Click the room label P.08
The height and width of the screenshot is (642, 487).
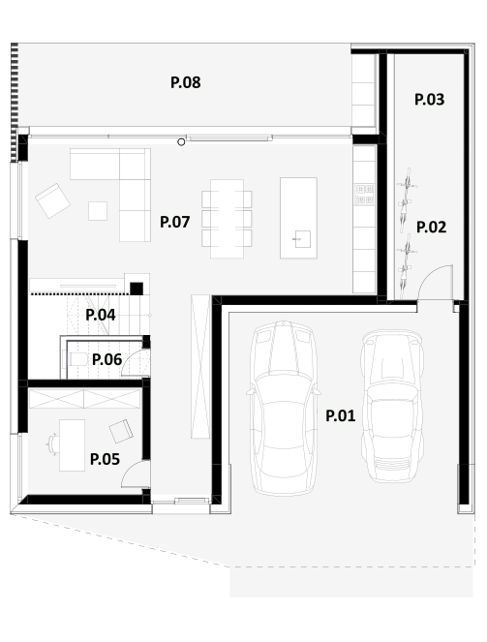pyautogui.click(x=185, y=82)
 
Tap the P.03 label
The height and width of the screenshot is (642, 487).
pyautogui.click(x=429, y=100)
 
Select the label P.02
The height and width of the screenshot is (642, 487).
pyautogui.click(x=431, y=228)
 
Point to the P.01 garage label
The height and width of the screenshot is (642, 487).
pyautogui.click(x=340, y=416)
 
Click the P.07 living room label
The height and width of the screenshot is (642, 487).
pyautogui.click(x=174, y=222)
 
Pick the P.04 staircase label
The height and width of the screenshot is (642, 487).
pyautogui.click(x=101, y=315)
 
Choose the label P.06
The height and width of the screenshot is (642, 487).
pyautogui.click(x=107, y=359)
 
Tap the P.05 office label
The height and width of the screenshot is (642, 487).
pyautogui.click(x=105, y=459)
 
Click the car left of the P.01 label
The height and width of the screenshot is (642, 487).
pyautogui.click(x=284, y=409)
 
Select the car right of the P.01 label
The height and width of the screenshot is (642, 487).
pyautogui.click(x=392, y=406)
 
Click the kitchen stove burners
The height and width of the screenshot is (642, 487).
pyautogui.click(x=364, y=195)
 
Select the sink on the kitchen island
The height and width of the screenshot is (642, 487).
pyautogui.click(x=302, y=239)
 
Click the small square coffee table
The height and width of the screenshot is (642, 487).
pyautogui.click(x=98, y=211)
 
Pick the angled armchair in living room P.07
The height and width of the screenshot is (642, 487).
pyautogui.click(x=52, y=200)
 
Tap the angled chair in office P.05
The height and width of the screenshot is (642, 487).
pyautogui.click(x=121, y=431)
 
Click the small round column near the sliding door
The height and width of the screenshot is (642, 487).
pyautogui.click(x=181, y=142)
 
